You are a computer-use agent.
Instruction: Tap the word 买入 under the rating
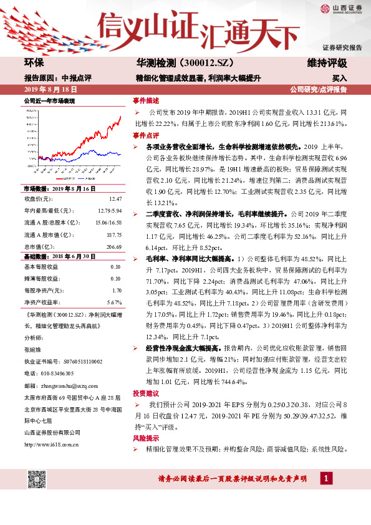point(339,79)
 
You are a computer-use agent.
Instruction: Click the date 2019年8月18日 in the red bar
point(49,89)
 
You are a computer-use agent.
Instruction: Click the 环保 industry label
point(34,64)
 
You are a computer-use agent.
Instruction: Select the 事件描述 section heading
point(146,100)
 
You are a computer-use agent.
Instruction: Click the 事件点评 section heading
point(146,135)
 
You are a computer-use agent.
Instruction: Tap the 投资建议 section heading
point(146,393)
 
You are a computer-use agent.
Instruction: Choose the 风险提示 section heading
point(146,438)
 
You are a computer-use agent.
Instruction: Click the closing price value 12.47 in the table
point(114,199)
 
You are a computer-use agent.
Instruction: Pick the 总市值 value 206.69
point(113,246)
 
